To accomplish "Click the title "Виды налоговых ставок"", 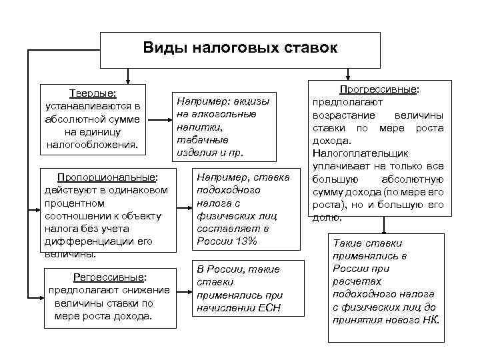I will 240,49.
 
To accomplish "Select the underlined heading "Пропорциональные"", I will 107,178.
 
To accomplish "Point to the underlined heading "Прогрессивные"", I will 383,89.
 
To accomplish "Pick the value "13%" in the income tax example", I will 244,241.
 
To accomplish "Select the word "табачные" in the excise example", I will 203,139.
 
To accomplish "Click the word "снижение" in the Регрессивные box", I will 149,290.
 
